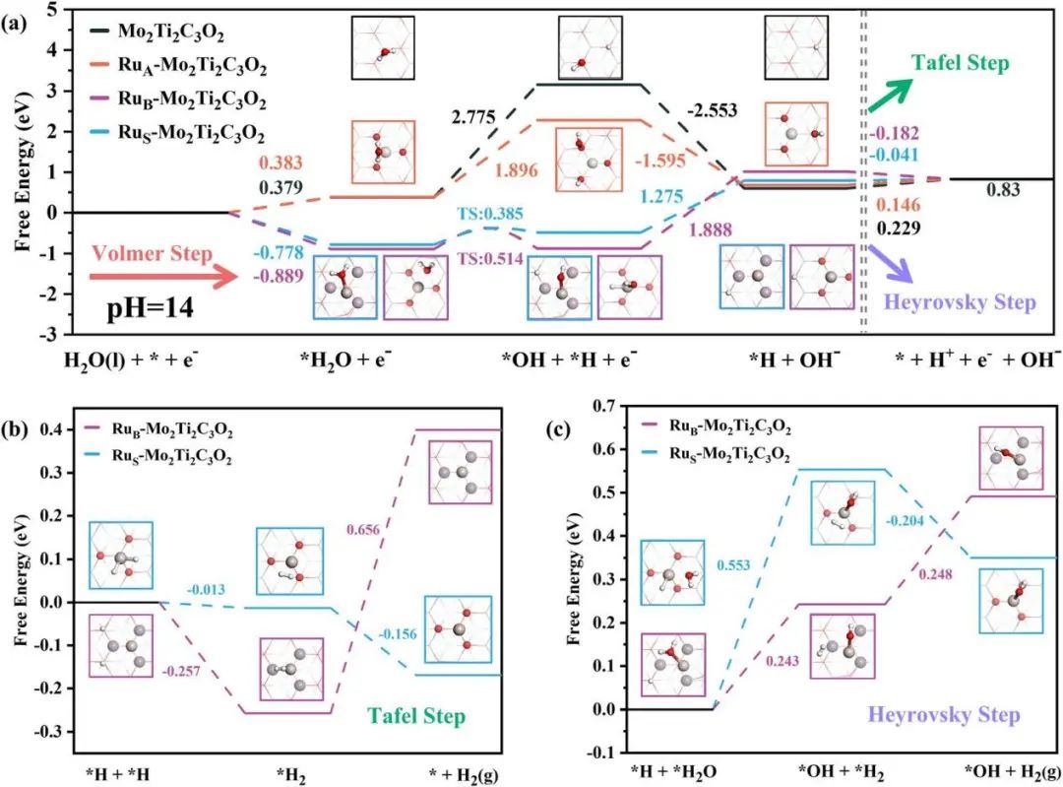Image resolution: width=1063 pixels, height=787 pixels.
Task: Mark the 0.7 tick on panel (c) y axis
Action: (x=607, y=406)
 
